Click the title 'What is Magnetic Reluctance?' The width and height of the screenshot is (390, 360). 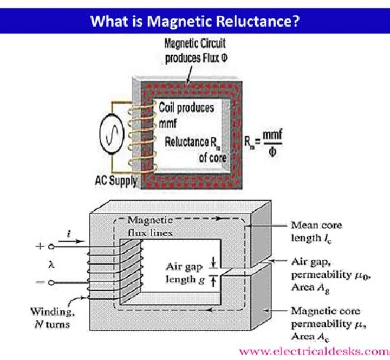195,21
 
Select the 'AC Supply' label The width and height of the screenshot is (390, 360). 113,180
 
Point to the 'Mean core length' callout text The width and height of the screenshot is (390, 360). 316,231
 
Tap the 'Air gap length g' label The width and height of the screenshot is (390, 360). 187,274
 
